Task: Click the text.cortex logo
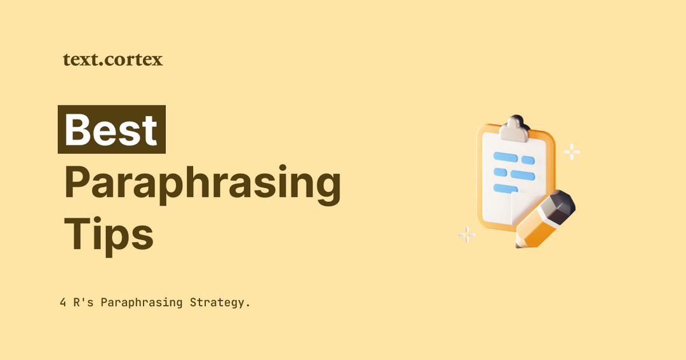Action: click(x=113, y=60)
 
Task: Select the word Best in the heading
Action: click(x=111, y=130)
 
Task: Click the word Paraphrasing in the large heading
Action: click(x=203, y=183)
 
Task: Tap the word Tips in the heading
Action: click(x=109, y=234)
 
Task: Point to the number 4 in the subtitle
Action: click(x=63, y=302)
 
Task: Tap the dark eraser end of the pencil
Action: click(x=558, y=205)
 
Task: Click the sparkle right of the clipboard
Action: click(x=572, y=152)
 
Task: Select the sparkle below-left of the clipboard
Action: click(x=467, y=235)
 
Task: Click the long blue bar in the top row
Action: click(x=506, y=157)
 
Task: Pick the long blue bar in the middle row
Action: click(x=523, y=175)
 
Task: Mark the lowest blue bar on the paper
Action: click(x=502, y=188)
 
